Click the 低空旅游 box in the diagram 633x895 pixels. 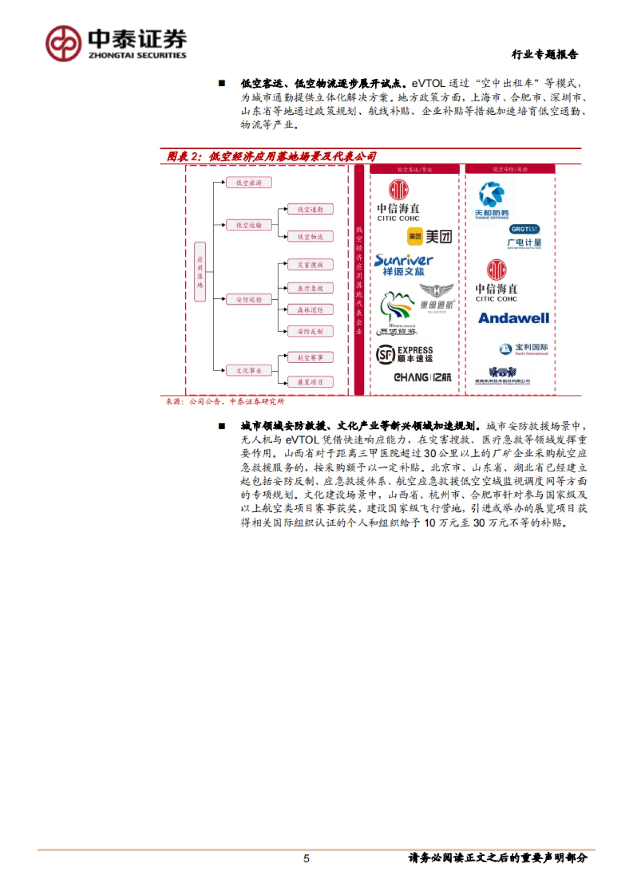tap(248, 183)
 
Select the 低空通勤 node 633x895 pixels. tap(310, 209)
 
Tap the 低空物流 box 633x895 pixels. tap(310, 237)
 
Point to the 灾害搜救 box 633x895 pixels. tap(310, 265)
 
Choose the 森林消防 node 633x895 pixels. tap(310, 310)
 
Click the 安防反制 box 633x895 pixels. tap(310, 332)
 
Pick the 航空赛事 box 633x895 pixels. tap(310, 357)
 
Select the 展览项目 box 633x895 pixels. tap(310, 382)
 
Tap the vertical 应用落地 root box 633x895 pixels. tap(200, 271)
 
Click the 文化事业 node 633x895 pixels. tap(248, 371)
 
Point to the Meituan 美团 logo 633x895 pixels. tap(429, 237)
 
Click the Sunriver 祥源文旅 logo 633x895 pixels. tap(404, 265)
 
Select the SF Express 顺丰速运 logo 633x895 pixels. tap(405, 354)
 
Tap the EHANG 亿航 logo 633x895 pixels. tap(423, 377)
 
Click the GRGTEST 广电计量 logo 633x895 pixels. tap(524, 236)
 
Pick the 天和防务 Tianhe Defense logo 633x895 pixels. tap(492, 200)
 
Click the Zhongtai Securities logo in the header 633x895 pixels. tap(116, 44)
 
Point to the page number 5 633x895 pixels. tap(306, 859)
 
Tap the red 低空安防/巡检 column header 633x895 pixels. tap(510, 169)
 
